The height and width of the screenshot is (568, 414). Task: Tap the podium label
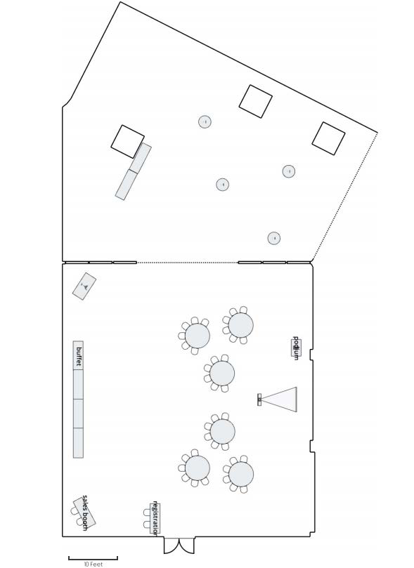pos(296,348)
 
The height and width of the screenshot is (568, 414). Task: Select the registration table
pos(155,518)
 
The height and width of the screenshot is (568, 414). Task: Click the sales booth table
pos(84,512)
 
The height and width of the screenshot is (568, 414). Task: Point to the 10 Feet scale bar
pos(93,557)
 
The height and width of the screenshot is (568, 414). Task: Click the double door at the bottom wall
pos(179,545)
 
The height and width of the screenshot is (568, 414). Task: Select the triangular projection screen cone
pos(279,399)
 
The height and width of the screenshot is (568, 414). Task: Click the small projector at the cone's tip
pos(259,399)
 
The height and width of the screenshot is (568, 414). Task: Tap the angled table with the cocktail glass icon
pos(84,286)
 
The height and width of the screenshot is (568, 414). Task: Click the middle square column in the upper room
pos(256,101)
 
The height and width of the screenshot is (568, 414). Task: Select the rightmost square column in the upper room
pos(328,139)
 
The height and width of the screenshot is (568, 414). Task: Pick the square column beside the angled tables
pos(128,142)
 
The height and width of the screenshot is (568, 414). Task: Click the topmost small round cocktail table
pos(205,121)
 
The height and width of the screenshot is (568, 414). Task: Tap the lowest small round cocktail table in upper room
pos(274,238)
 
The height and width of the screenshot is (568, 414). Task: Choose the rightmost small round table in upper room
pos(289,171)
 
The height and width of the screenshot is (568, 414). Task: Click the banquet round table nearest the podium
pos(240,325)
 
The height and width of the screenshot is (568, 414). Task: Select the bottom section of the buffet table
pos(78,443)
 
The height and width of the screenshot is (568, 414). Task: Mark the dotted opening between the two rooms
pos(187,263)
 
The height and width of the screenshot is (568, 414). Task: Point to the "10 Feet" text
pos(93,564)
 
